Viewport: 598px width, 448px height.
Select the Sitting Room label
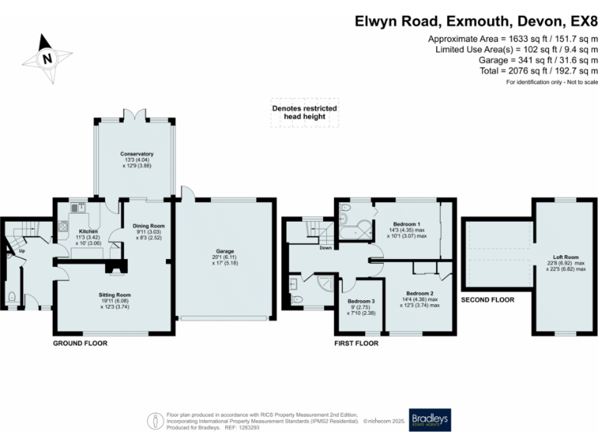[114, 296]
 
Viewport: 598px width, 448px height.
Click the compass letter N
[47, 58]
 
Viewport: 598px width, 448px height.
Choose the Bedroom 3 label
[361, 301]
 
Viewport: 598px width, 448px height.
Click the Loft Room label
[566, 257]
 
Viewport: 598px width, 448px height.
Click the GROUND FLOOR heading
[79, 342]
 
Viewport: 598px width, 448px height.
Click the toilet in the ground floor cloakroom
[16, 296]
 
